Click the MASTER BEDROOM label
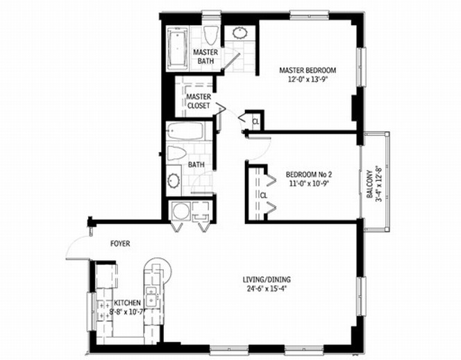pyautogui.click(x=308, y=70)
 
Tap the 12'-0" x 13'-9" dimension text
pyautogui.click(x=308, y=79)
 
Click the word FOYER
pyautogui.click(x=120, y=244)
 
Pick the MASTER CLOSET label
pyautogui.click(x=199, y=101)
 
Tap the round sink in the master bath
pyautogui.click(x=240, y=33)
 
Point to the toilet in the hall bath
pyautogui.click(x=175, y=154)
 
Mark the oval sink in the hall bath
pyautogui.click(x=174, y=182)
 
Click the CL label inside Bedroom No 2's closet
pyautogui.click(x=264, y=196)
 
